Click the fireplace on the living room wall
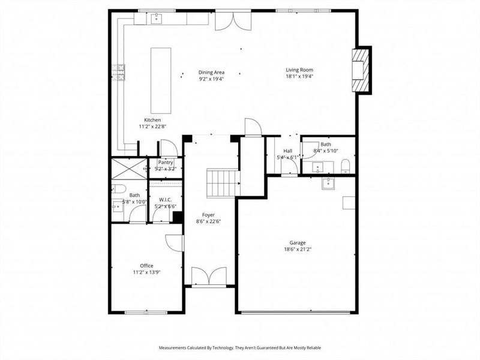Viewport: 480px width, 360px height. tap(361, 70)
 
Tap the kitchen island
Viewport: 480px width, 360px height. tap(159, 80)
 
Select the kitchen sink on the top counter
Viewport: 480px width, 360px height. tap(158, 18)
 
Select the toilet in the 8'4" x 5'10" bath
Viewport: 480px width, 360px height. tap(344, 166)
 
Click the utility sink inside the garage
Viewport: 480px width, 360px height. tap(328, 183)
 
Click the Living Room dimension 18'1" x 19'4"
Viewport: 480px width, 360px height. tap(299, 76)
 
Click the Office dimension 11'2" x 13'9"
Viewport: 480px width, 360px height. tap(146, 272)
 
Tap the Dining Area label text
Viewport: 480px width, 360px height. tap(211, 72)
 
